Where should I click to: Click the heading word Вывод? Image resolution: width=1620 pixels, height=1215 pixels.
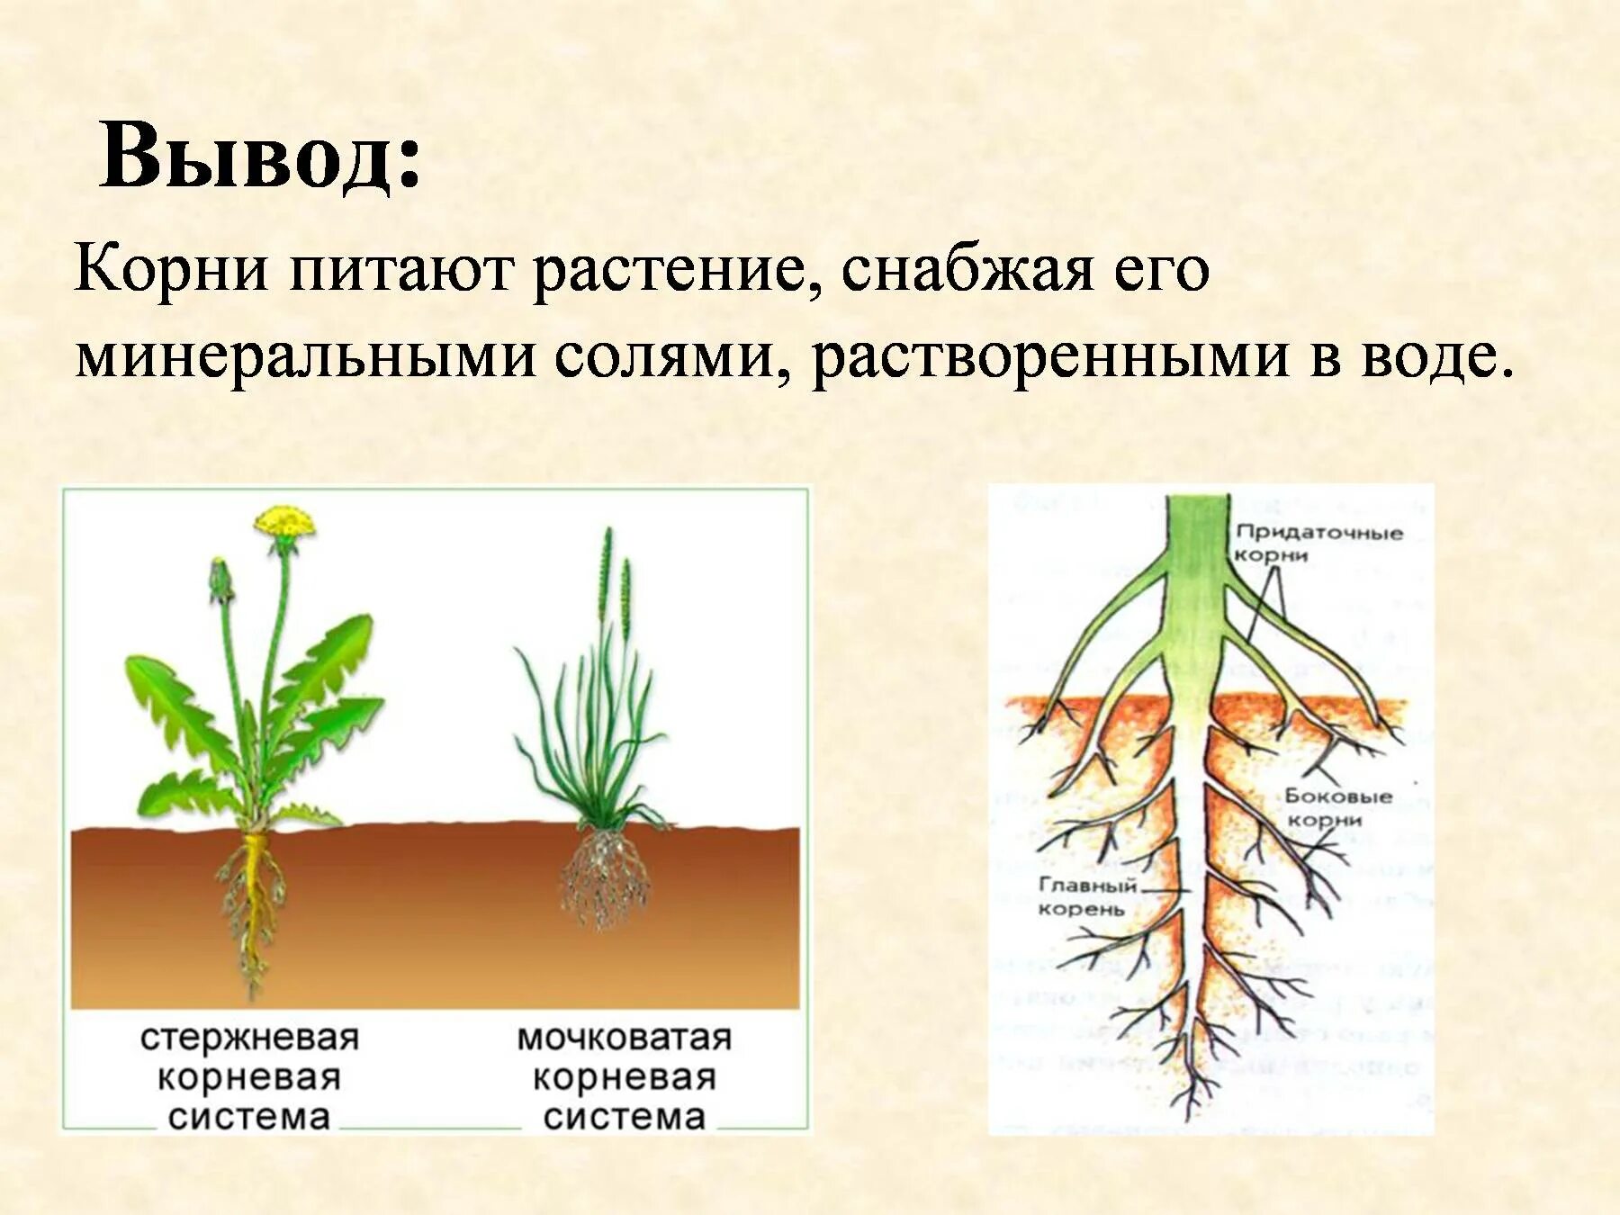click(x=259, y=157)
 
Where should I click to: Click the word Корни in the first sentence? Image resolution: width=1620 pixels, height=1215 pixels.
click(x=171, y=269)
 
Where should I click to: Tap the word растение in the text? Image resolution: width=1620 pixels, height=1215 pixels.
click(x=666, y=269)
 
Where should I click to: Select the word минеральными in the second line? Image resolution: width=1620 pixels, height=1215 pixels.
click(x=306, y=356)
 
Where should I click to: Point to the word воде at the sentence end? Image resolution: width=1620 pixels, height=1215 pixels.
click(x=1431, y=356)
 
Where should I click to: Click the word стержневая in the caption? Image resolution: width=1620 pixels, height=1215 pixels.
click(x=249, y=1038)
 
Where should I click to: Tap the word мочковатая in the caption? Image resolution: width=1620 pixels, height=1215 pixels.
click(x=624, y=1038)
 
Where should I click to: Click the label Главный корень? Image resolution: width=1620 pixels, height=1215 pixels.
click(x=1087, y=896)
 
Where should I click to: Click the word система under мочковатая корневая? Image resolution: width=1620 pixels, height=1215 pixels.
click(x=624, y=1117)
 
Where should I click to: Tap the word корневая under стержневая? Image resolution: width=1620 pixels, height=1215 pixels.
click(x=249, y=1077)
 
